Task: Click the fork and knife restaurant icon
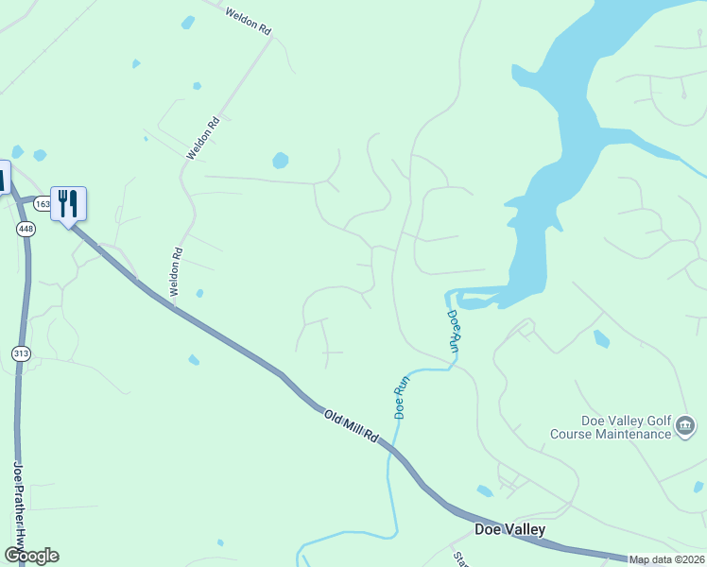click(x=68, y=202)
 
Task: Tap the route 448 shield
click(x=25, y=229)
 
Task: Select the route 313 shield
click(x=21, y=353)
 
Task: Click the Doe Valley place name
click(x=509, y=529)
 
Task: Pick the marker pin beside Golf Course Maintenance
click(x=685, y=428)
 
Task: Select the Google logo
click(x=31, y=556)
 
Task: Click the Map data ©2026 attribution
click(x=667, y=559)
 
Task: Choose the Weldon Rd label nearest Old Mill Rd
click(x=176, y=272)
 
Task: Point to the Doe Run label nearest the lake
click(x=455, y=332)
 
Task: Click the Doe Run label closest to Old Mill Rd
click(x=401, y=397)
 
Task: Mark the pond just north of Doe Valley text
click(x=485, y=491)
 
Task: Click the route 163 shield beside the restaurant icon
click(x=43, y=202)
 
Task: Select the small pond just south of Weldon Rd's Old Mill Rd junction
click(x=194, y=360)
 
